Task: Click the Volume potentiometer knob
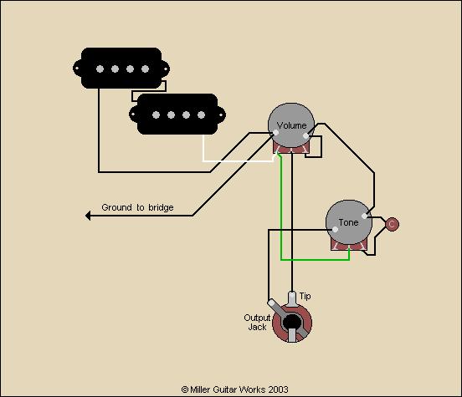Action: (291, 125)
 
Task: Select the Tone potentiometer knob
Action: (349, 222)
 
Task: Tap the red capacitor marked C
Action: (392, 224)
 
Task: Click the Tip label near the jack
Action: (305, 296)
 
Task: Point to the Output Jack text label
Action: (257, 323)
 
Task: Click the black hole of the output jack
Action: (292, 322)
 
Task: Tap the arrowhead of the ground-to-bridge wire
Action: (88, 216)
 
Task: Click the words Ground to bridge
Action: (137, 207)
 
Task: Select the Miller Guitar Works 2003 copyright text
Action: (235, 389)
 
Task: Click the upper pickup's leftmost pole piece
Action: (100, 69)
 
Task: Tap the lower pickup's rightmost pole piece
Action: (201, 115)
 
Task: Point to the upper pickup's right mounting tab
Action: (166, 69)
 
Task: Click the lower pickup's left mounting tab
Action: (133, 115)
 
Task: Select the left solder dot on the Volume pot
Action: (276, 133)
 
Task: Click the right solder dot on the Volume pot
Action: (305, 136)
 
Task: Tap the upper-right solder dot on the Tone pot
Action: (364, 216)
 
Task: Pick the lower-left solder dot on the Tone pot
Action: (335, 230)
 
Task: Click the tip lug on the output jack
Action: (292, 298)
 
